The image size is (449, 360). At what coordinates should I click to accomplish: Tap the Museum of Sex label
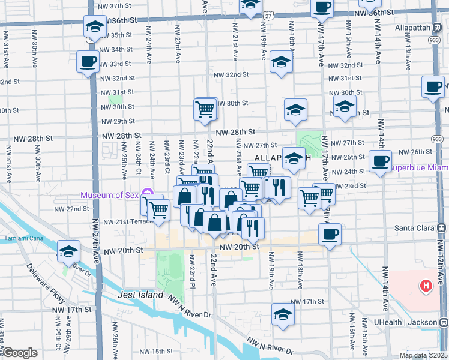click(110, 194)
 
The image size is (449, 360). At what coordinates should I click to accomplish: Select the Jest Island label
click(142, 295)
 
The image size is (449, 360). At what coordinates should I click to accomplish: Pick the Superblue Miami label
click(418, 168)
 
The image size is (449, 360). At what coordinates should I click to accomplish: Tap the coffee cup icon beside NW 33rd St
click(88, 61)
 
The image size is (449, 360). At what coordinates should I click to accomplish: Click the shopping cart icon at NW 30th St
click(205, 109)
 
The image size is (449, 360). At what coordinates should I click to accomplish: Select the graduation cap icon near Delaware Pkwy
click(68, 251)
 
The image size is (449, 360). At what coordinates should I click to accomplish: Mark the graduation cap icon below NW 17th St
click(283, 314)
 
